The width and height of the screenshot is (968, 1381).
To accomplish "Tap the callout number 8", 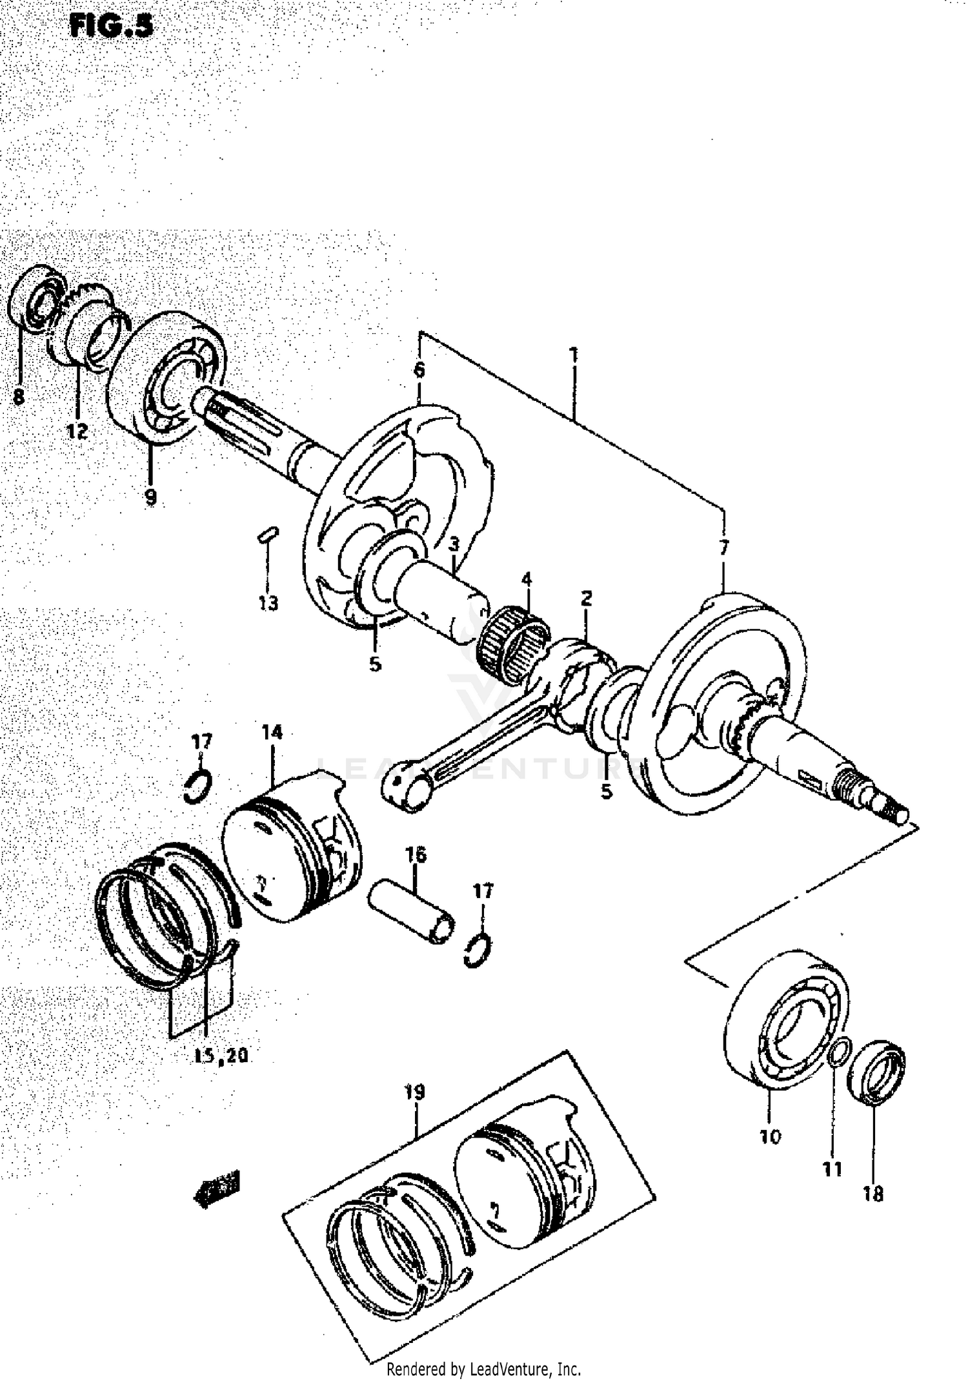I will tap(19, 396).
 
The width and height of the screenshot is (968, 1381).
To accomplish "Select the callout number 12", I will tap(77, 431).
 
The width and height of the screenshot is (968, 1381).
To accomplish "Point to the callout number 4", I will tap(527, 579).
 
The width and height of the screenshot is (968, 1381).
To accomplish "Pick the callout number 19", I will tap(414, 1092).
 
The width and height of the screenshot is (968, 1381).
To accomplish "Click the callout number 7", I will tap(723, 549).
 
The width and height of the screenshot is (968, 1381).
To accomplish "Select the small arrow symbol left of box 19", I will tap(217, 1181).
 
